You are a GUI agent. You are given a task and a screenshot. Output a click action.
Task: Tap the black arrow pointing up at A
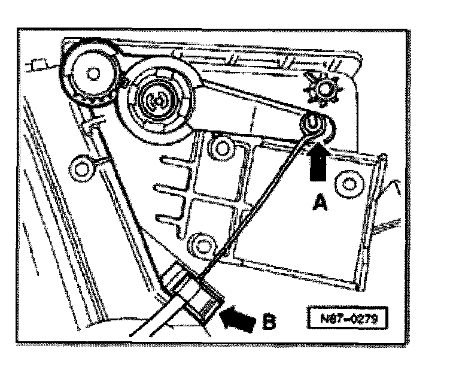(318, 169)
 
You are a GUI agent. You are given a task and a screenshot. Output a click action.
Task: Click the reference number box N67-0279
(345, 317)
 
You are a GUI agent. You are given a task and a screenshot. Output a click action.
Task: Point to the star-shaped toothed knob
(325, 90)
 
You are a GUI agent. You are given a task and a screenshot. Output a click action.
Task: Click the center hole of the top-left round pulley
(91, 73)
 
